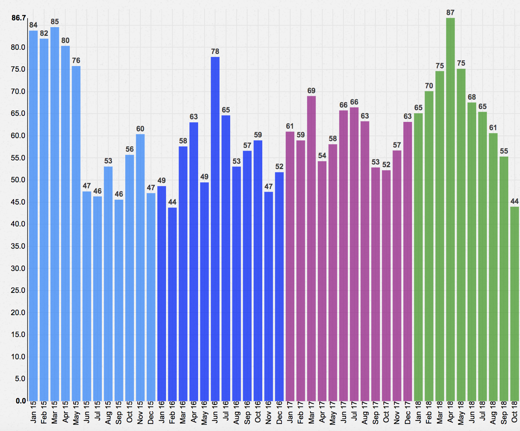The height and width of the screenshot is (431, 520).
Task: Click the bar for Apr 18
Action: (x=450, y=209)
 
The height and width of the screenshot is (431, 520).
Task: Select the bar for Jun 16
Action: (x=215, y=229)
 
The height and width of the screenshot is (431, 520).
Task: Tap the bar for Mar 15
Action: (x=55, y=214)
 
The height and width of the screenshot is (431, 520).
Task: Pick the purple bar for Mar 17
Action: (x=311, y=248)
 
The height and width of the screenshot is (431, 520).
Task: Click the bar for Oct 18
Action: (x=514, y=304)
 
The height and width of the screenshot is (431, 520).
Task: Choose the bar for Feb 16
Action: (x=172, y=304)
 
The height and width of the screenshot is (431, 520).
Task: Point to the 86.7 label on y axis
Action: (x=18, y=18)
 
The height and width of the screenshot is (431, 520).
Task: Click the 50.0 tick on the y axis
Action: (x=18, y=180)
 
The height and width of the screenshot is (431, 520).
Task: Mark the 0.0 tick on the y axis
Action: (x=21, y=401)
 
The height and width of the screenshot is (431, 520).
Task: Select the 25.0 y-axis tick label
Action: (x=18, y=291)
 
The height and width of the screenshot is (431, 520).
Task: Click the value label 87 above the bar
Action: (x=450, y=13)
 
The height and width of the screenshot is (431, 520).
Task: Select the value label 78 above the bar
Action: (x=215, y=52)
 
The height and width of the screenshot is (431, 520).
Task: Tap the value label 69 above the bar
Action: (x=311, y=91)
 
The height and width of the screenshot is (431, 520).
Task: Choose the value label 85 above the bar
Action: (x=55, y=22)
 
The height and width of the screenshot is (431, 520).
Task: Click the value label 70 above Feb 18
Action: (x=429, y=86)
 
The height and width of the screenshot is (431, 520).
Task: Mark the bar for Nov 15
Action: (x=140, y=268)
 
